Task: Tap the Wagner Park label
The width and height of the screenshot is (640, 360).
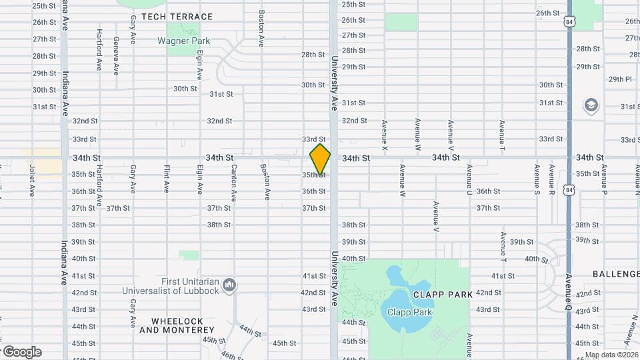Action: [183, 41]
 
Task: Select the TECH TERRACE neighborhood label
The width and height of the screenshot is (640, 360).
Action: [177, 17]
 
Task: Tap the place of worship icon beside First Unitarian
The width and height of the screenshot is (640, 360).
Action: [229, 285]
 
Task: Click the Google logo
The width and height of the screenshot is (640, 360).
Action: [21, 352]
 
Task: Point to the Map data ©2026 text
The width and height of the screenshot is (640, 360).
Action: [610, 355]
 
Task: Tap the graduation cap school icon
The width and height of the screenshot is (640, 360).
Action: [591, 105]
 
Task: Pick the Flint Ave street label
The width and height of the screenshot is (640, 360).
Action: [166, 179]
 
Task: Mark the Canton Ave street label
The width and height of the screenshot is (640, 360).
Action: [234, 183]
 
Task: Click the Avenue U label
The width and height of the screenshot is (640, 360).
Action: [469, 179]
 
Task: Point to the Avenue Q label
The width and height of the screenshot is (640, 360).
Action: [568, 293]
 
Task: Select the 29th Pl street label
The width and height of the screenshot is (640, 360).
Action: [620, 79]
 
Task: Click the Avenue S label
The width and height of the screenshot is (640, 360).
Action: [537, 176]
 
